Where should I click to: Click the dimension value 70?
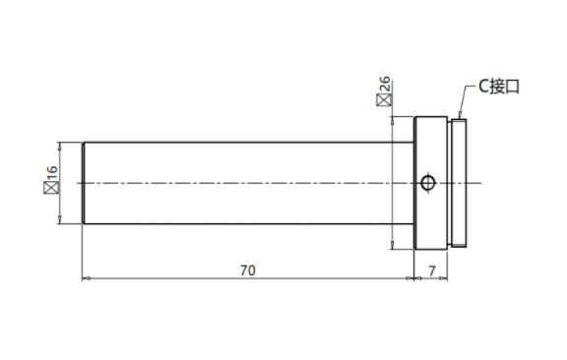click(248, 270)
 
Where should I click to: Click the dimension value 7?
click(432, 270)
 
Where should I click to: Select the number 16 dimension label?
click(52, 173)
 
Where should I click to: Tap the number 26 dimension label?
click(385, 85)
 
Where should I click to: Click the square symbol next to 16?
click(51, 188)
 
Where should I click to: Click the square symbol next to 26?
click(384, 99)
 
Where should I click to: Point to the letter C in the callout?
click(484, 87)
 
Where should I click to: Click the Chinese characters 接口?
click(505, 87)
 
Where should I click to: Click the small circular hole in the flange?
click(428, 183)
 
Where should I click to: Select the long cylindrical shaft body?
click(248, 183)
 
